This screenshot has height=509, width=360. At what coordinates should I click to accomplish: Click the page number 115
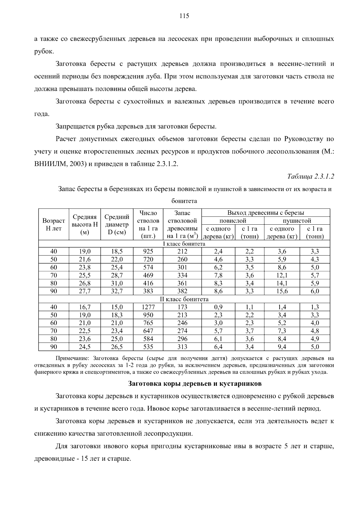[184, 16]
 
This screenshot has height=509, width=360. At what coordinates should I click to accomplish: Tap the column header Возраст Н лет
[54, 224]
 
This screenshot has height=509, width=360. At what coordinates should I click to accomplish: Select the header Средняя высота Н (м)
[85, 224]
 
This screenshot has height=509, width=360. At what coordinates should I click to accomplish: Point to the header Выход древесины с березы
[265, 213]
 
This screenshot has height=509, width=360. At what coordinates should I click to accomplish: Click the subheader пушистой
[297, 221]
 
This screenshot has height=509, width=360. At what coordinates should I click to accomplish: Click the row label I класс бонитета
[184, 244]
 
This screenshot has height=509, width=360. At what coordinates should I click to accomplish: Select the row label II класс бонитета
[184, 299]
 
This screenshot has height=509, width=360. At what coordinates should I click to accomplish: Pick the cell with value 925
[148, 251]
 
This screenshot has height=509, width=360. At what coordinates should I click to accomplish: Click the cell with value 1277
[148, 307]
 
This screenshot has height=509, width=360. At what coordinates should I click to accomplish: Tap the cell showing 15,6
[282, 291]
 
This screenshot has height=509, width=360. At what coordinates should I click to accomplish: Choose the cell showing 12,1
[282, 275]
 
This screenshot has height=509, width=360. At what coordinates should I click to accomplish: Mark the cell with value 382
[182, 291]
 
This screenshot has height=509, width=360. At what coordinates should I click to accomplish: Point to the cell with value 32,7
[116, 291]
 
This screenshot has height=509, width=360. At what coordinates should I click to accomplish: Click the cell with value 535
[148, 347]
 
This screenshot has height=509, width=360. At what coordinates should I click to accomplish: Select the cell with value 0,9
[218, 307]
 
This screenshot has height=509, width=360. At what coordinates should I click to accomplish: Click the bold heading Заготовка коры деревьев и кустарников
[195, 383]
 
